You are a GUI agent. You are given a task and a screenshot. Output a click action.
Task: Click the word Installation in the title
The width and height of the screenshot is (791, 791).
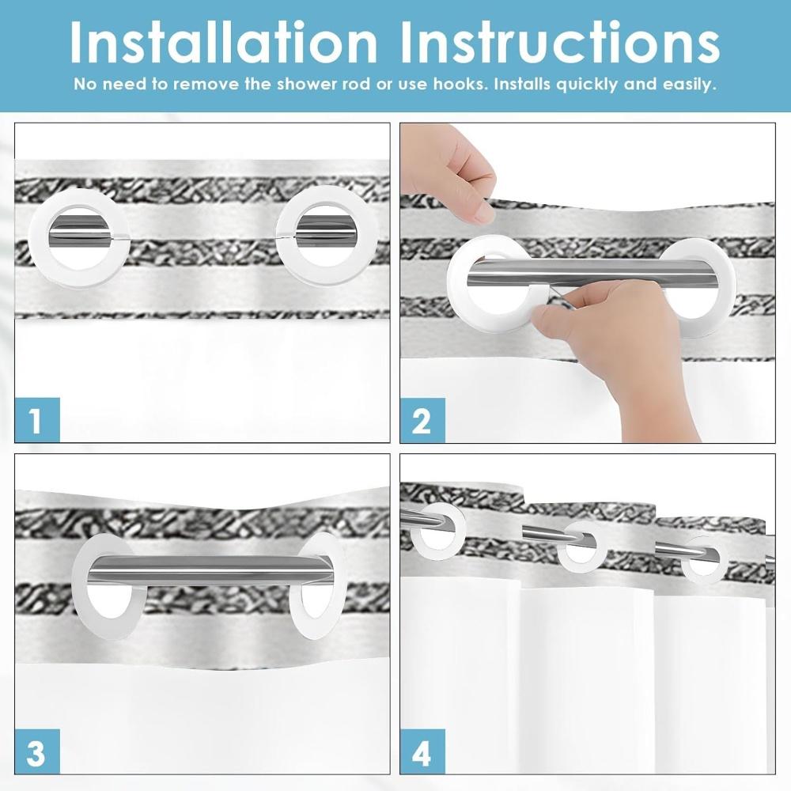(224, 43)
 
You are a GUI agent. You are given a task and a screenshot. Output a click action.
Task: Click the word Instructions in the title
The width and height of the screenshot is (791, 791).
(560, 43)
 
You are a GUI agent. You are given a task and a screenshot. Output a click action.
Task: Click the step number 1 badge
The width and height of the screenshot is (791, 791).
(37, 420)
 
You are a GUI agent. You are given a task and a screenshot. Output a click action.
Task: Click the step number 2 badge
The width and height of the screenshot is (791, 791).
(422, 420)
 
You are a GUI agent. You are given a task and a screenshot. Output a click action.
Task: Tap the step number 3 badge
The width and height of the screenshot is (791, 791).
(37, 751)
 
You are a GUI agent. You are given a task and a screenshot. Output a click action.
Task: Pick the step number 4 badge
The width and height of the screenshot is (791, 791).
(422, 751)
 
